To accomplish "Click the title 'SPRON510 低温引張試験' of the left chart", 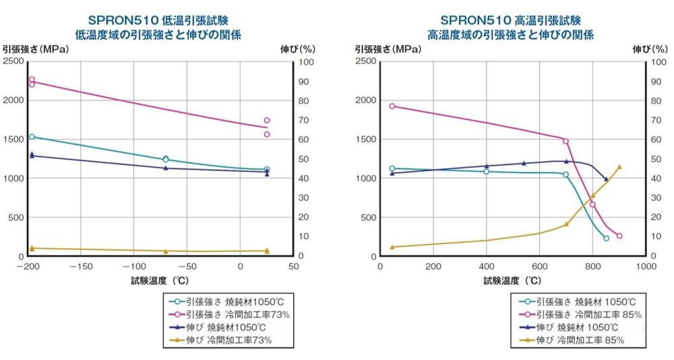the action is [x=158, y=20].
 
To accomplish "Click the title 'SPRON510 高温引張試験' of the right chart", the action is [x=510, y=20].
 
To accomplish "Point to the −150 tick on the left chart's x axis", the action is [x=80, y=267].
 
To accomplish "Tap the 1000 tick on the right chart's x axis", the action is [x=646, y=267].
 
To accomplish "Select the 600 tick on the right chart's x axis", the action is [x=539, y=267].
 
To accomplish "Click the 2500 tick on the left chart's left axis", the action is [x=13, y=61].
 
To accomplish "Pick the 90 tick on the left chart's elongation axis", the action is [x=303, y=82].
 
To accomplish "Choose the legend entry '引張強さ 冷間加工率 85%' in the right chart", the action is [x=580, y=314].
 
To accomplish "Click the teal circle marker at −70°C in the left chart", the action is [x=166, y=159].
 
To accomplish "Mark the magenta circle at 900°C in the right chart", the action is [x=619, y=236].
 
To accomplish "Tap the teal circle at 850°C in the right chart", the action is [x=606, y=238].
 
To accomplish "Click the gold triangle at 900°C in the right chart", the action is [x=619, y=167].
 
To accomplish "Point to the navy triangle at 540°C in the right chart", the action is [x=524, y=163].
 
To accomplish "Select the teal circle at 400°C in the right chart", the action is [x=487, y=172].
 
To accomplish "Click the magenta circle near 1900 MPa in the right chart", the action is [x=392, y=107].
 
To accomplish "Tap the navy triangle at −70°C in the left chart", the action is [x=166, y=168].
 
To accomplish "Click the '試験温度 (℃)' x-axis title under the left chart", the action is [x=160, y=281].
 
